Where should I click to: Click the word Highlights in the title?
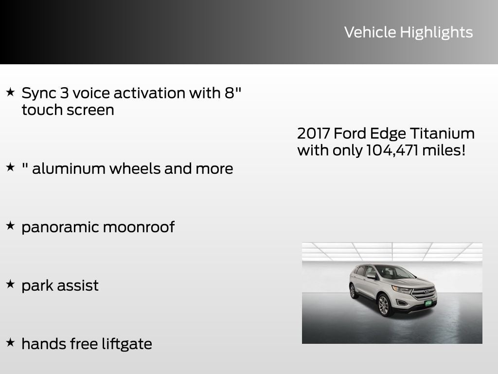click(x=436, y=33)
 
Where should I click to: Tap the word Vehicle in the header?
click(x=370, y=32)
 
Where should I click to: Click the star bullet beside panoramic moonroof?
click(x=10, y=226)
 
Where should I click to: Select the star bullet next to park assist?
click(x=10, y=284)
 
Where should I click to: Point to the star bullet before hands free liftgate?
click(x=10, y=343)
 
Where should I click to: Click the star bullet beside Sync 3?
click(x=10, y=92)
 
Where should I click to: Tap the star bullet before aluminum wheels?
click(x=10, y=168)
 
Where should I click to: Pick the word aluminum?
click(x=69, y=168)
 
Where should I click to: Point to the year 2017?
click(x=313, y=133)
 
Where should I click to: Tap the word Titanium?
click(x=442, y=133)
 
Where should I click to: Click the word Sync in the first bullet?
click(x=40, y=93)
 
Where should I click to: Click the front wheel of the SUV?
click(x=383, y=305)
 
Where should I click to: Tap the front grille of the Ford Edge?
click(x=423, y=292)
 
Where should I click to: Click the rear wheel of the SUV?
click(x=353, y=291)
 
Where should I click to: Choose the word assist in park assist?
click(x=78, y=285)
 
